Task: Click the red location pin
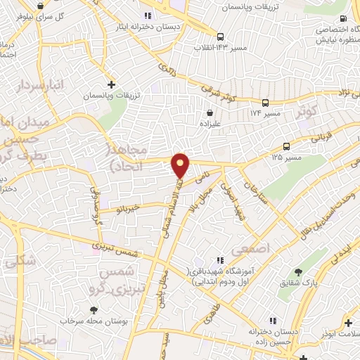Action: [181, 166]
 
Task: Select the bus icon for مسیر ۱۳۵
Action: [287, 147]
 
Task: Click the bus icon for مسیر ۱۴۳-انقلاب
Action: [221, 37]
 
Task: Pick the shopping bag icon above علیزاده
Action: [210, 112]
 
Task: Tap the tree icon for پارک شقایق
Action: [298, 272]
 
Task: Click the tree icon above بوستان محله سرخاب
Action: [94, 310]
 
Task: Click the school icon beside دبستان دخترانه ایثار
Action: [147, 15]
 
